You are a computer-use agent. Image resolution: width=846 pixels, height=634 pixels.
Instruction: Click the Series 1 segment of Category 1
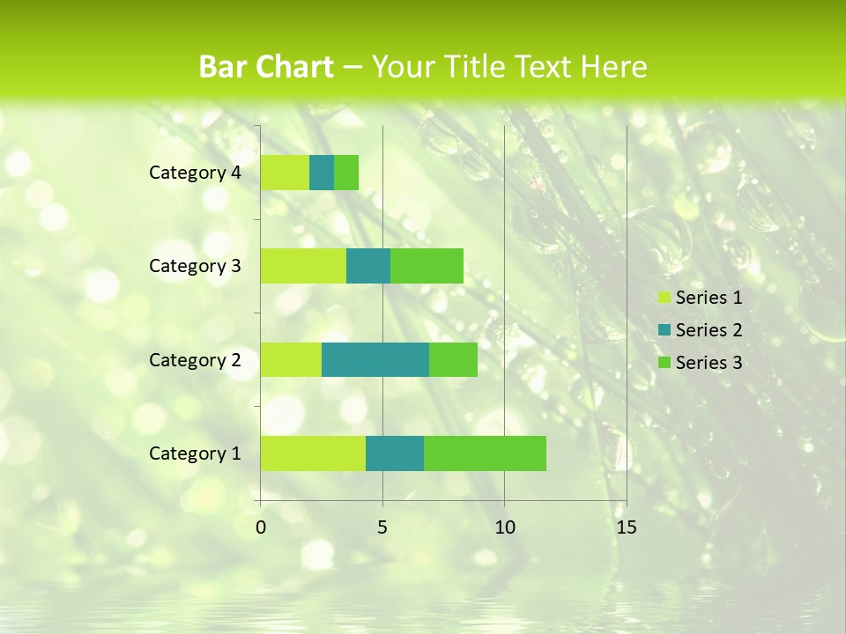pos(313,453)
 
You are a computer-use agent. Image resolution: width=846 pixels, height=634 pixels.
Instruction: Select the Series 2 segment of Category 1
pos(395,453)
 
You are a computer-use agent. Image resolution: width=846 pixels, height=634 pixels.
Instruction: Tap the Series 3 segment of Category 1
pos(485,453)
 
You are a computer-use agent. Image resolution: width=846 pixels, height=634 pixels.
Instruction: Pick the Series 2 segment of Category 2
pos(375,359)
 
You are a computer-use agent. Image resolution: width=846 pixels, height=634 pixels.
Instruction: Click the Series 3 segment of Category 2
pos(453,359)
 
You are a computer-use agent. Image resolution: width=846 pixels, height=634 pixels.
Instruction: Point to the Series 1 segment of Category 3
pos(303,266)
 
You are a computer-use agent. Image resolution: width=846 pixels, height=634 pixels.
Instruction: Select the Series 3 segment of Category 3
pos(427,266)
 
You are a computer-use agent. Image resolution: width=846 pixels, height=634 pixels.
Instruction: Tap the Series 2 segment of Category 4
pos(322,173)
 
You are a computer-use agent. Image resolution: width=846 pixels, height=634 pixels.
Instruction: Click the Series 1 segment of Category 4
pos(285,173)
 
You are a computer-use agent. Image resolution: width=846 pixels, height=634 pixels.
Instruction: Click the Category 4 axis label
pos(195,173)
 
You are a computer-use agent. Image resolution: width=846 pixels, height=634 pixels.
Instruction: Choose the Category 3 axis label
pos(195,266)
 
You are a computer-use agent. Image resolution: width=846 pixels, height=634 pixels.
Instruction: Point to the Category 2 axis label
pos(195,359)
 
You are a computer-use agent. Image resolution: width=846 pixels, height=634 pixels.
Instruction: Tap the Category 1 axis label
pos(195,453)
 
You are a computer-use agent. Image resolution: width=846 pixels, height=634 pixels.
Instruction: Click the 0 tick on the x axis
pos(261,527)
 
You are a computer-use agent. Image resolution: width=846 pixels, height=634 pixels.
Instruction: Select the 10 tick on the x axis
pos(504,527)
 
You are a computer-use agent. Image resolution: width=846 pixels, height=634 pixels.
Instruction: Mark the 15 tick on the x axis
pos(626,527)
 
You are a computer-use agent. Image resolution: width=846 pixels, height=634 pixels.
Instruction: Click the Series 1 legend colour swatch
pos(664,298)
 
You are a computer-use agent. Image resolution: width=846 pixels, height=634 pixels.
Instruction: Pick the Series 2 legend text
pos(709,330)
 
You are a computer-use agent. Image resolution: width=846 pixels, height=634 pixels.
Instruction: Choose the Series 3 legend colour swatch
pos(664,363)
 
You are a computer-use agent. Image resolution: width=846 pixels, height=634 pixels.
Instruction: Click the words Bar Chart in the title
pos(266,67)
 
